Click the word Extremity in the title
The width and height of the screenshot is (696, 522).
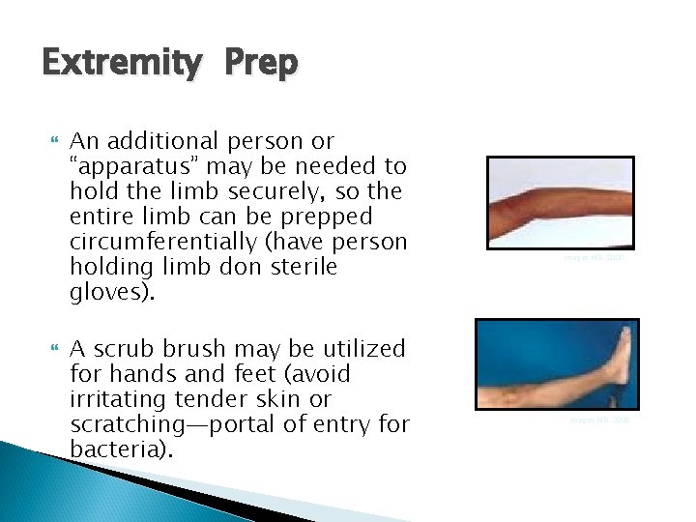coord(122,65)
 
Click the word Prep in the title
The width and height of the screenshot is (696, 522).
coord(262,65)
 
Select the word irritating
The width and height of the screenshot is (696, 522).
coord(117,398)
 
